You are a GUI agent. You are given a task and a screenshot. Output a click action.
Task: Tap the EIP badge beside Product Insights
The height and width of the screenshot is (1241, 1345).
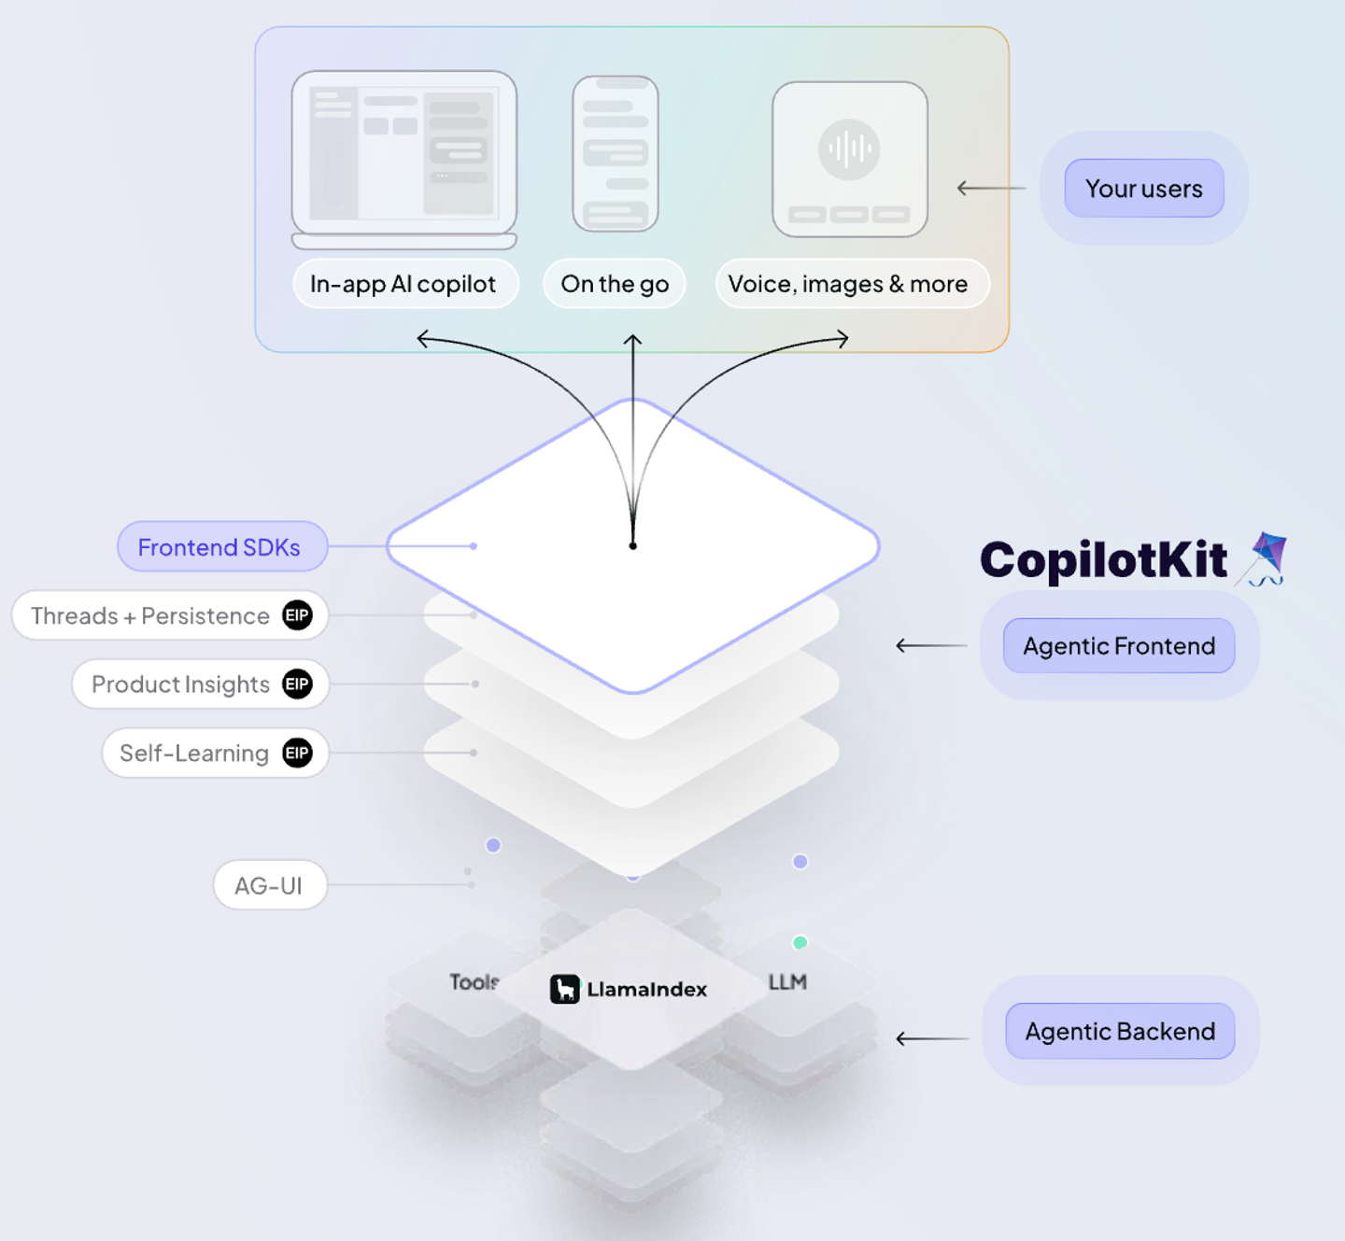(297, 684)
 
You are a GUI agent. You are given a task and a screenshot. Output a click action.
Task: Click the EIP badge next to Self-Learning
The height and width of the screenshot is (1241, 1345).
(297, 754)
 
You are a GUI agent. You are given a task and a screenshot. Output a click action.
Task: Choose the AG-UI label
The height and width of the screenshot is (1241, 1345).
(269, 885)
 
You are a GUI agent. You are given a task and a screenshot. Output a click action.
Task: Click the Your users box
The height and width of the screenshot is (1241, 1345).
(1143, 189)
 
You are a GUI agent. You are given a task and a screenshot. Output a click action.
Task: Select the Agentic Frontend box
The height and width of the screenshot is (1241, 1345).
(1118, 646)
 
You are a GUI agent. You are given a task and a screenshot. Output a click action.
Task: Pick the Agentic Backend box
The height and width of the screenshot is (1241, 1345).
(1119, 1032)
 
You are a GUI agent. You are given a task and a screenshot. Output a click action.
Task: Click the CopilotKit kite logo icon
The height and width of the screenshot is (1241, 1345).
(1266, 558)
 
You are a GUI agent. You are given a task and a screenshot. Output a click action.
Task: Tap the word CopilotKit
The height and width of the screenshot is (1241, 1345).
(1103, 560)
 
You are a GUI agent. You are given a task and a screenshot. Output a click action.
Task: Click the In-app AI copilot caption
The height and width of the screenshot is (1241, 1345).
(403, 284)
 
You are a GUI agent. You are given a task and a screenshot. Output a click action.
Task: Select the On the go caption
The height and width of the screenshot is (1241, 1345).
(615, 284)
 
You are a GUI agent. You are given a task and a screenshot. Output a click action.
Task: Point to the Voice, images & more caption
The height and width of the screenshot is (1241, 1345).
(848, 284)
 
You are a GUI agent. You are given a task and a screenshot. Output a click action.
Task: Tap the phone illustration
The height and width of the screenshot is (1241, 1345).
(616, 154)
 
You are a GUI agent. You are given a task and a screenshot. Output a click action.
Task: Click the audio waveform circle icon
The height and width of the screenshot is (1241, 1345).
(849, 148)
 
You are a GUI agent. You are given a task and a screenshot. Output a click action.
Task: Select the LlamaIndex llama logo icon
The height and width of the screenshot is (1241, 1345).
(564, 989)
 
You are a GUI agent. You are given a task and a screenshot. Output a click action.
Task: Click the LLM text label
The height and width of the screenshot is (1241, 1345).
(787, 982)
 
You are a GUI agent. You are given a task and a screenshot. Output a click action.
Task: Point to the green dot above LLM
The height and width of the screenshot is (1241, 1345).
(800, 942)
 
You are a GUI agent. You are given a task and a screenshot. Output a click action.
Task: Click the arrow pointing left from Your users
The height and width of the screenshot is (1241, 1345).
(990, 189)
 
